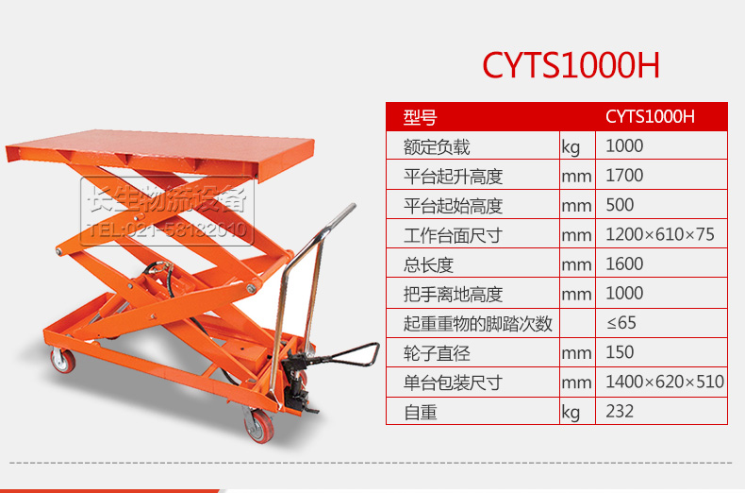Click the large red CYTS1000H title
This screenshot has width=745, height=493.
click(x=571, y=65)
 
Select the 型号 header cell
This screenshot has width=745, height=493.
click(x=420, y=117)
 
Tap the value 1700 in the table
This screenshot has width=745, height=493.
click(x=624, y=176)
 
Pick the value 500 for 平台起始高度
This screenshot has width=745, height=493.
click(x=620, y=205)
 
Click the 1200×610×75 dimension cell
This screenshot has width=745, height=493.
click(x=660, y=234)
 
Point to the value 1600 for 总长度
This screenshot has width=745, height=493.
click(x=624, y=264)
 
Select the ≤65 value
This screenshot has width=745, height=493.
click(x=621, y=323)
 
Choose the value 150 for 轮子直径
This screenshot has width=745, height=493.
click(x=620, y=352)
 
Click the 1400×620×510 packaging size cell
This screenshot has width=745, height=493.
click(x=665, y=382)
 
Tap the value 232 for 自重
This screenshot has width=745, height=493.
click(x=620, y=411)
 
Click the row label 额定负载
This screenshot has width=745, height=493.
click(x=437, y=147)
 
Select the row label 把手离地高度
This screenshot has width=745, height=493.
click(x=453, y=295)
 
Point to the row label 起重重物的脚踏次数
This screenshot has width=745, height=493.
click(x=478, y=324)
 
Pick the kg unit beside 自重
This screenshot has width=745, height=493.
click(x=571, y=413)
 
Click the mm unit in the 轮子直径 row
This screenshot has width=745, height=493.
click(x=576, y=353)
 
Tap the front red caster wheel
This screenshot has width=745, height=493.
click(x=259, y=426)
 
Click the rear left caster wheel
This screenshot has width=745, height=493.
click(x=63, y=360)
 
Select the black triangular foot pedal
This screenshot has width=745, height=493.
click(x=352, y=354)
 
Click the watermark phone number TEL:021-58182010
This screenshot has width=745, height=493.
click(x=167, y=230)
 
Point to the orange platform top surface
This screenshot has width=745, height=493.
click(x=161, y=146)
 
